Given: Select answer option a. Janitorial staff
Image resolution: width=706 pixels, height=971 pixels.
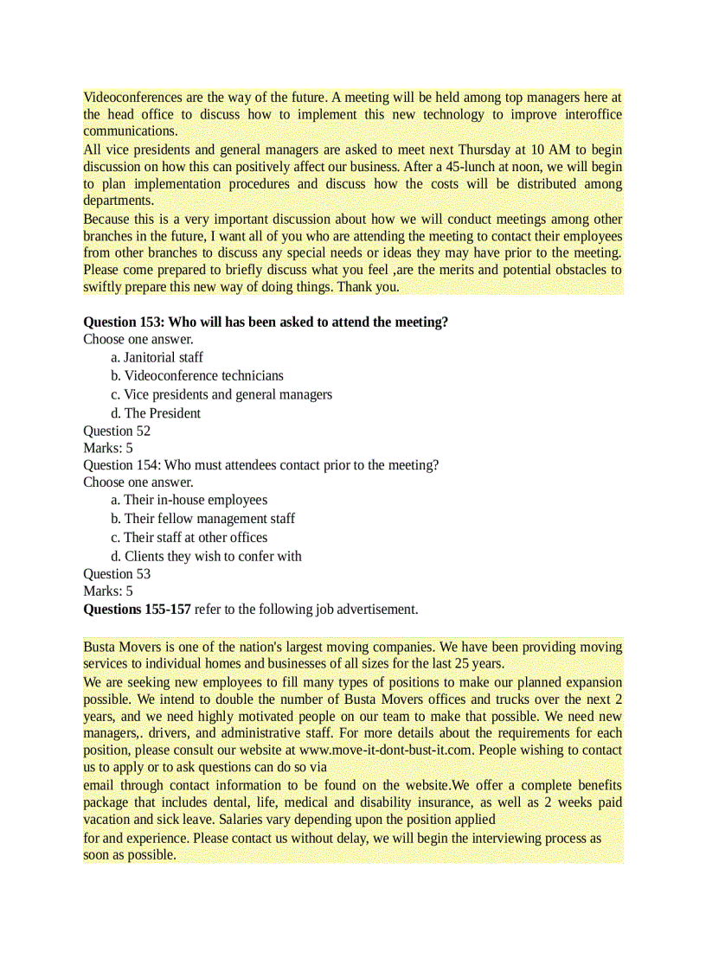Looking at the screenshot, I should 157,357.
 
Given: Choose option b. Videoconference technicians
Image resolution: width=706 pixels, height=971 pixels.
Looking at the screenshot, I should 197,375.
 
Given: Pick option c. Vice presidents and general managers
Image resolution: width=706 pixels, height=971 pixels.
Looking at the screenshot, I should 221,394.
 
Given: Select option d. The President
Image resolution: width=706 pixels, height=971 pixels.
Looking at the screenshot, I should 156,413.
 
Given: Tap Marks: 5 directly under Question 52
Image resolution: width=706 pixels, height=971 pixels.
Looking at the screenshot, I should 108,448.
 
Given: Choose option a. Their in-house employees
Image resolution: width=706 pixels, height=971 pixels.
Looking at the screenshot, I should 189,500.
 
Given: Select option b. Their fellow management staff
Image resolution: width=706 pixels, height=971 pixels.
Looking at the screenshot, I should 203,519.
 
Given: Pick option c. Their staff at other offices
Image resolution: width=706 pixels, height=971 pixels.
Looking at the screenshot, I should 189,537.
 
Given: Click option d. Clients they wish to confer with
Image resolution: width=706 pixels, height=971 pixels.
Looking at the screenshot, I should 207,556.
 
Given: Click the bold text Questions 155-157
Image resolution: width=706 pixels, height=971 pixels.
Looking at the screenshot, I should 137,610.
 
